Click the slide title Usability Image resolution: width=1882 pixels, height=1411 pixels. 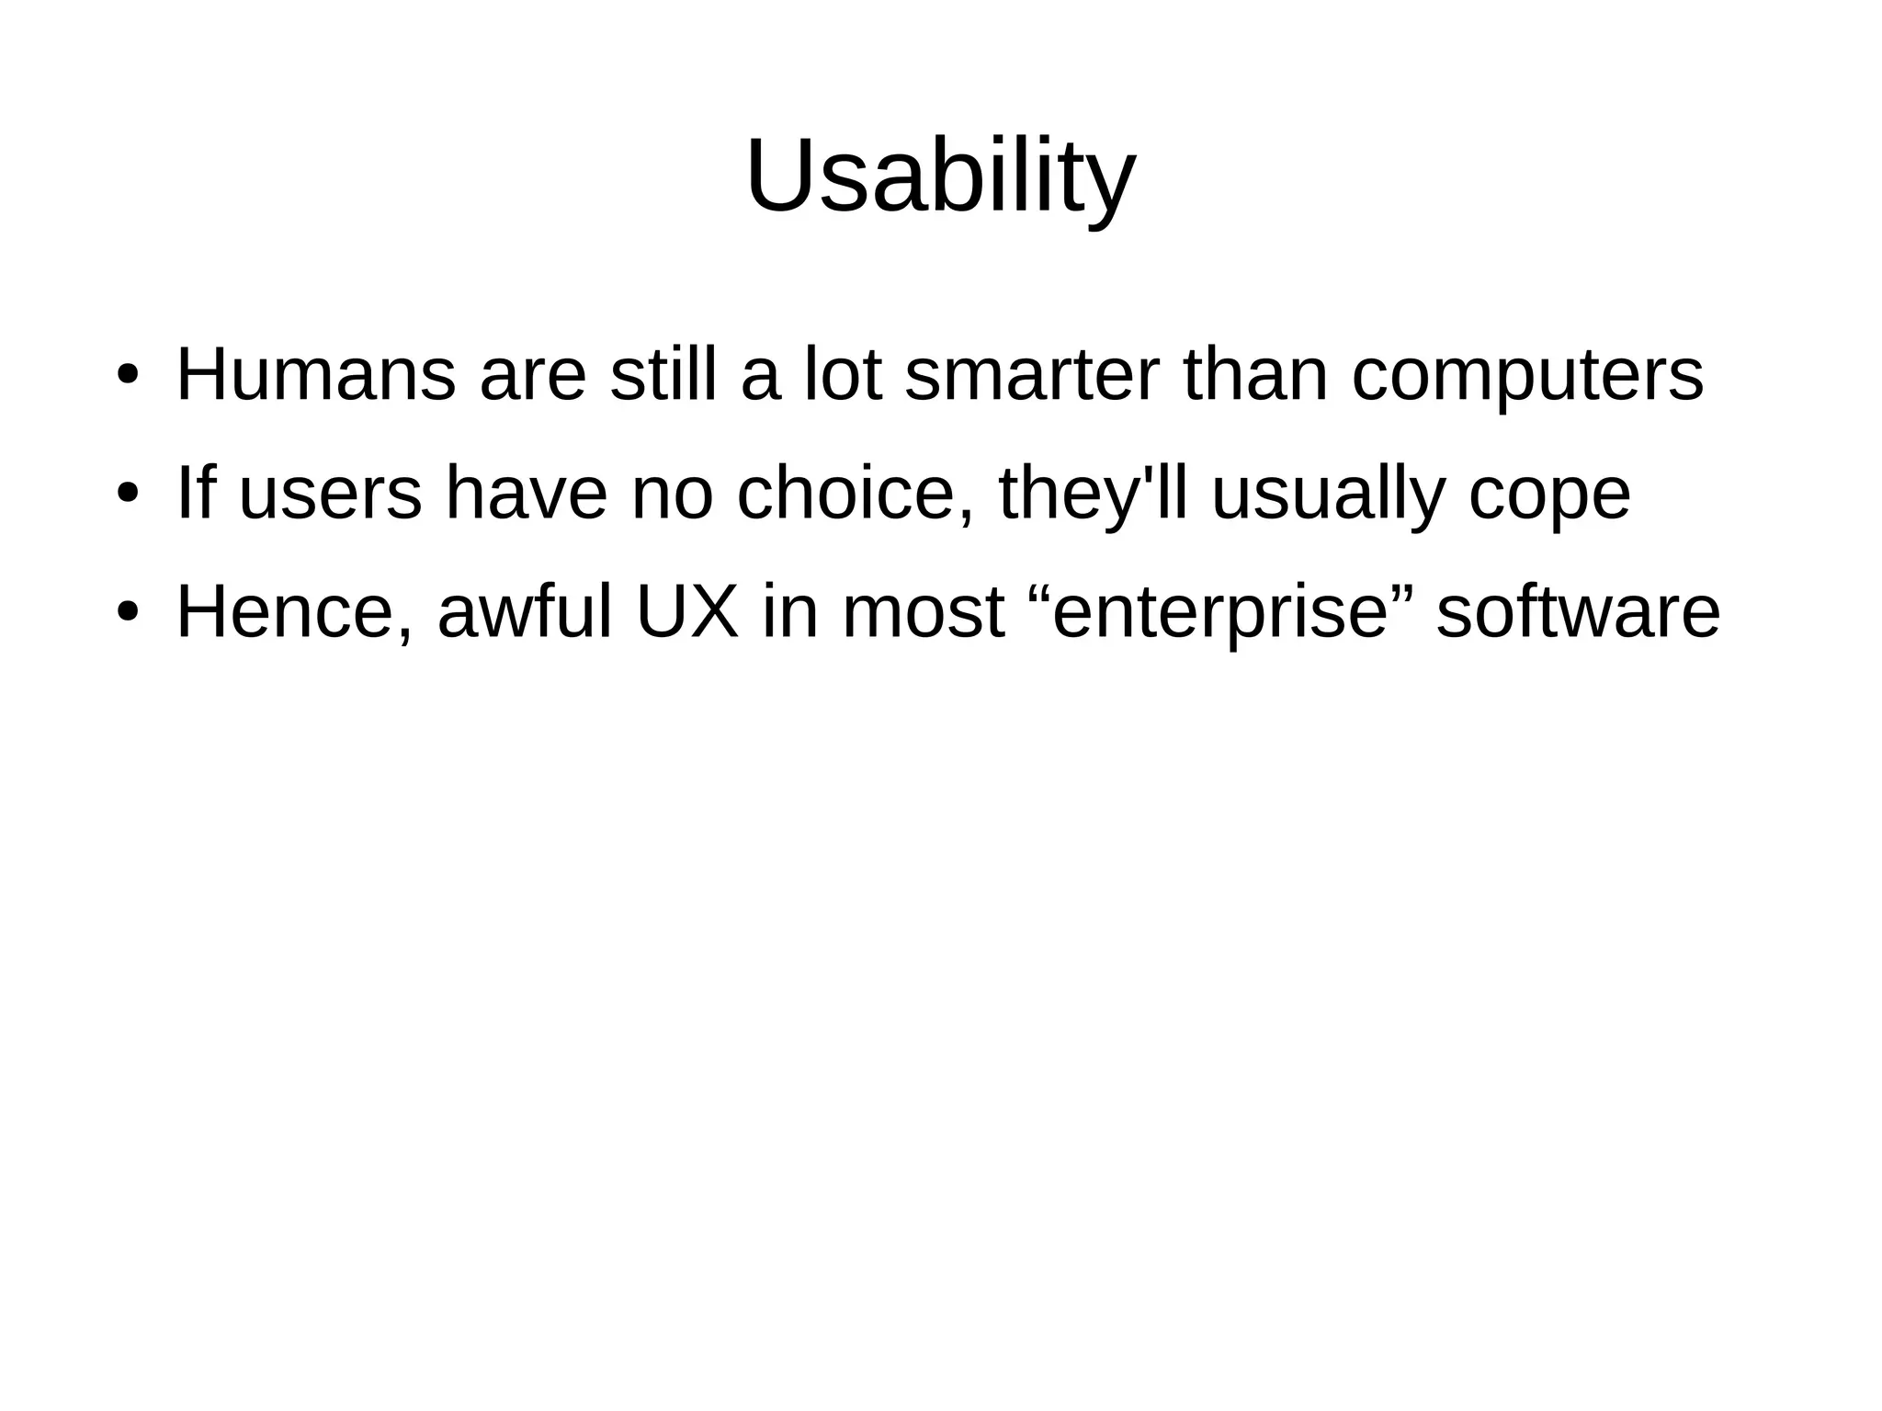(x=940, y=176)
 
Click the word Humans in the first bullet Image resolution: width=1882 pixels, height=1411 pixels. (x=315, y=375)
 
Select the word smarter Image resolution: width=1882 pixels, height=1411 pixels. (x=1032, y=375)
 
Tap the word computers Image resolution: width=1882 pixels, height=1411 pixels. (x=1527, y=377)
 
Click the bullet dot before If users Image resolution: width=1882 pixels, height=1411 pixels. (x=127, y=495)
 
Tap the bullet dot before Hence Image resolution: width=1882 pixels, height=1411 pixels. (x=127, y=613)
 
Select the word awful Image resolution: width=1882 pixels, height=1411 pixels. (x=525, y=612)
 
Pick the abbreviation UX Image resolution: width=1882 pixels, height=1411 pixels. (x=687, y=612)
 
